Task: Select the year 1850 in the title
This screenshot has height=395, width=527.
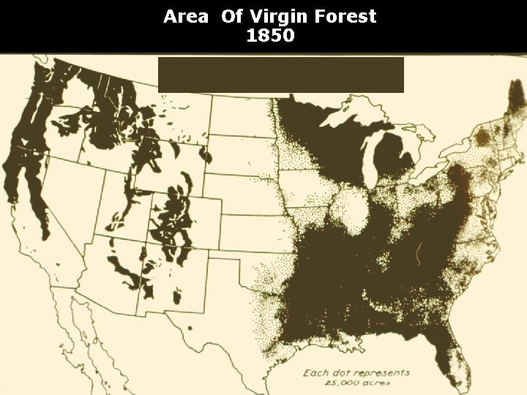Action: point(270,35)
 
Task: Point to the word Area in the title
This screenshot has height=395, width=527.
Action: point(185,16)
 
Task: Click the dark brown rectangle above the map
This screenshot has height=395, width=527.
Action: point(280,75)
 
